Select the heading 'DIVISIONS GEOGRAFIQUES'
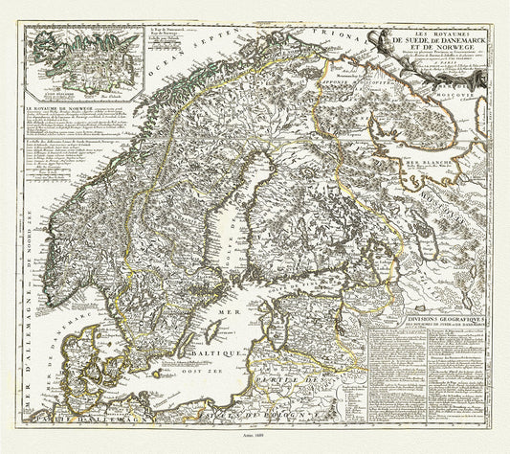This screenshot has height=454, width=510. coord(413,322)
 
